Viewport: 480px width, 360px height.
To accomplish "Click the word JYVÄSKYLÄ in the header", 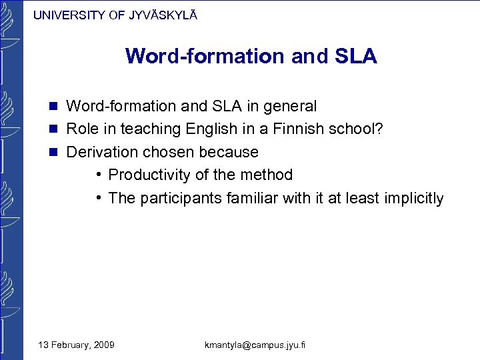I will pyautogui.click(x=161, y=15).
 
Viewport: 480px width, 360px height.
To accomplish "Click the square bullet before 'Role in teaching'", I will pyautogui.click(x=54, y=129).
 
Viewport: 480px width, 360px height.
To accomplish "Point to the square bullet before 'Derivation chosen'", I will pyautogui.click(x=54, y=152).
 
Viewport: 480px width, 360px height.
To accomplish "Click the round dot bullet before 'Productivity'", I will pyautogui.click(x=98, y=175).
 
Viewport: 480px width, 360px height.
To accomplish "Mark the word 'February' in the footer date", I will pyautogui.click(x=69, y=345).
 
